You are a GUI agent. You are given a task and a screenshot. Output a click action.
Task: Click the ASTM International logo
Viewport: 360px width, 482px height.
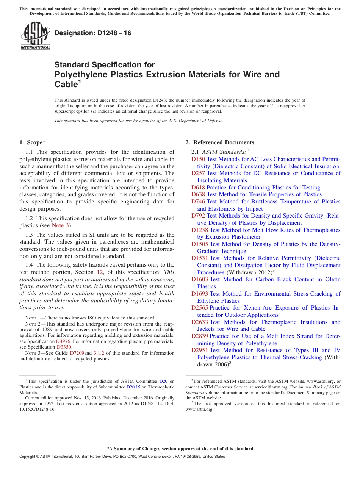[35, 36]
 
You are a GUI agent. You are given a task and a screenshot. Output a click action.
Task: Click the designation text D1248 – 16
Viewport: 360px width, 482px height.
[93, 33]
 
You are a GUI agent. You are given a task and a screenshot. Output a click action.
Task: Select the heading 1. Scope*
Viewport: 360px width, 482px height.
[32, 142]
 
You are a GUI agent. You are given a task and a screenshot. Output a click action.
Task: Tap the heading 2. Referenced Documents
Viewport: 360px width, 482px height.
[220, 142]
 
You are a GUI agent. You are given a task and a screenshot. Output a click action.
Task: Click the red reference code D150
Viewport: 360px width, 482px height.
[198, 159]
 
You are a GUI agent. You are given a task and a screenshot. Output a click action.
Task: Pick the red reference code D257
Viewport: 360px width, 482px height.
[198, 173]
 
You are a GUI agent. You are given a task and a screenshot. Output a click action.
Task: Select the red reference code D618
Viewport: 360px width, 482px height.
[198, 188]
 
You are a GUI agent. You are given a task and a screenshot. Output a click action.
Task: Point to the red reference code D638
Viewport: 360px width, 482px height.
[198, 194]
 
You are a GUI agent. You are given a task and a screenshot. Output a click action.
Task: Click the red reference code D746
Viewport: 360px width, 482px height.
[198, 202]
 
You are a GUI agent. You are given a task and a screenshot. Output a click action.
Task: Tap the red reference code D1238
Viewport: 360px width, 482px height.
[200, 230]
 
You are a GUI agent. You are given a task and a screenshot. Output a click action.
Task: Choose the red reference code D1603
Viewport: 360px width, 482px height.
[200, 279]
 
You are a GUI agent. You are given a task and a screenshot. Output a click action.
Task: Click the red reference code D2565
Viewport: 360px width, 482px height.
[200, 308]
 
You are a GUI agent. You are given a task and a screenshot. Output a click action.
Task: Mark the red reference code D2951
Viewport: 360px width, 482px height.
[200, 350]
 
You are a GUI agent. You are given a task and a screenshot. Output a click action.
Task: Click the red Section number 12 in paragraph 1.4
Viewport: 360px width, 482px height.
[100, 272]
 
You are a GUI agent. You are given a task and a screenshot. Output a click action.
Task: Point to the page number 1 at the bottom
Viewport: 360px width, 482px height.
[180, 465]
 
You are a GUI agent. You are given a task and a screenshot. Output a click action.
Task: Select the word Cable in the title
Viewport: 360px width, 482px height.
[66, 85]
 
